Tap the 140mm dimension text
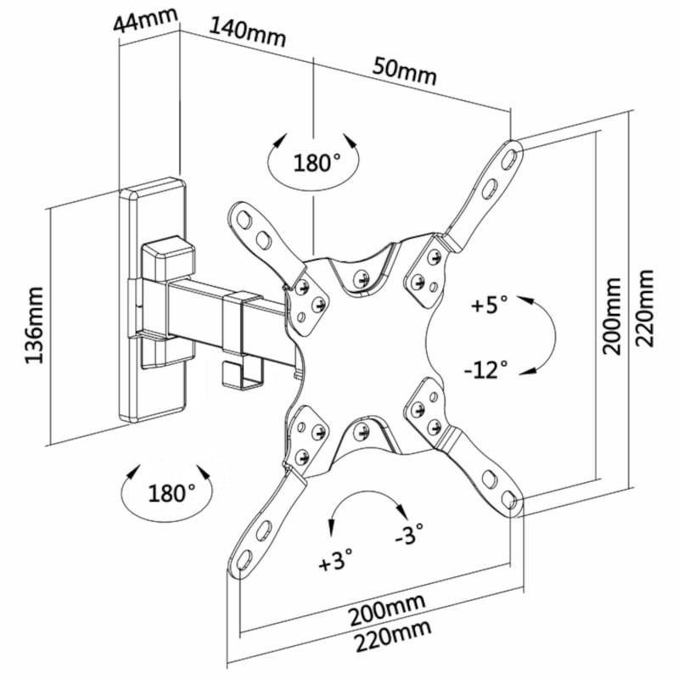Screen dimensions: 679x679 247,32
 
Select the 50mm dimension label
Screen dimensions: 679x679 405,70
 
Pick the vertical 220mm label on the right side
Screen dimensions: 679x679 647,306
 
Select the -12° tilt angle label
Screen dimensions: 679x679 486,369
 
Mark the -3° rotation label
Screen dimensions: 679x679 411,536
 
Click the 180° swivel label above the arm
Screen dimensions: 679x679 317,161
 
